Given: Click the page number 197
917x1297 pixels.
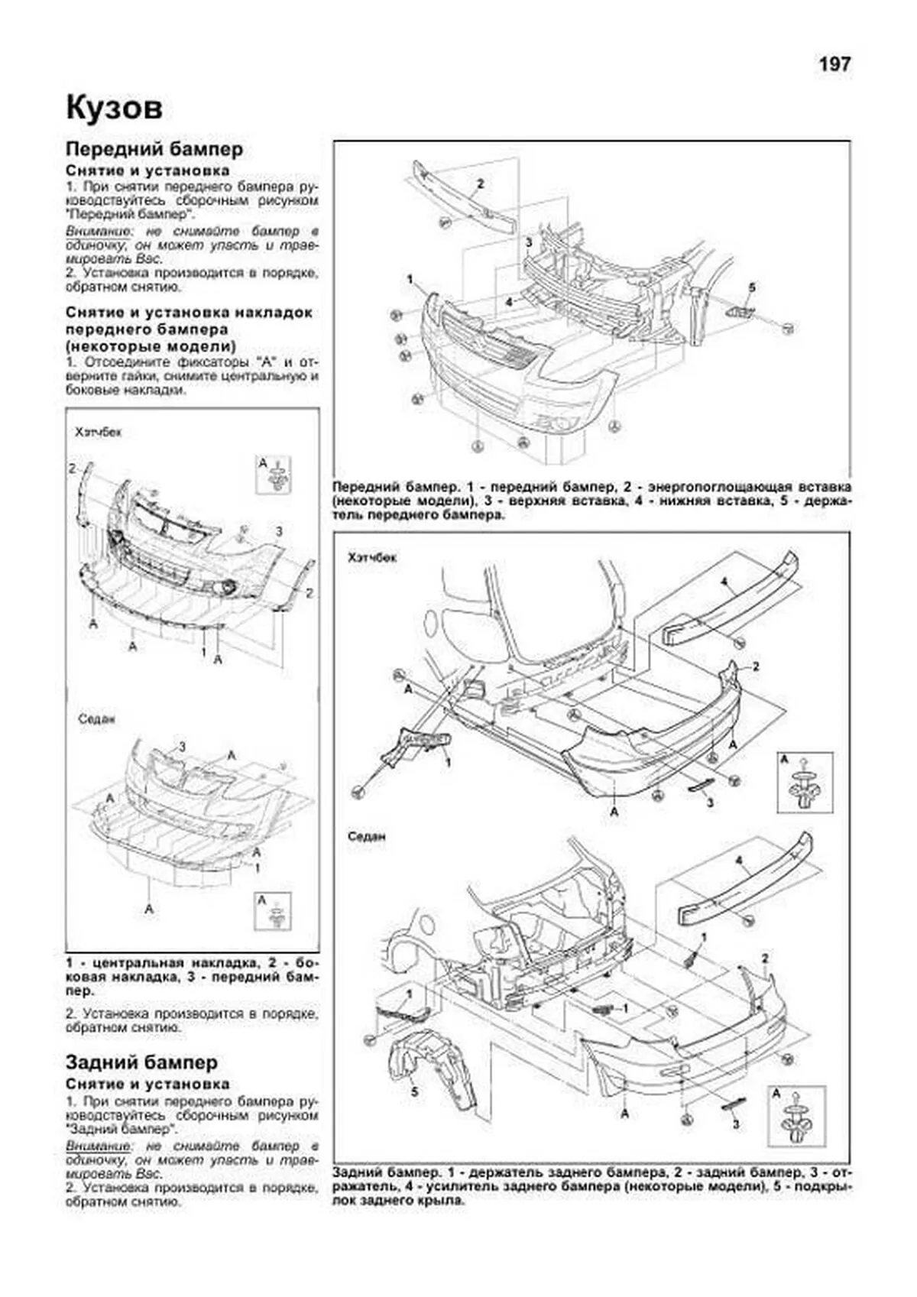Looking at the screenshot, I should coord(834,64).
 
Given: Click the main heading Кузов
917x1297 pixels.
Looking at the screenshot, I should coord(115,108).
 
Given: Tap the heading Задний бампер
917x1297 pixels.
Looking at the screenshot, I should coord(142,1062).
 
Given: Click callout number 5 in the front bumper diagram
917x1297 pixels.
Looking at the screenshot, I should coord(752,287).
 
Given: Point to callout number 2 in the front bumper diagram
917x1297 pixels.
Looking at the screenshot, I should coord(481,183).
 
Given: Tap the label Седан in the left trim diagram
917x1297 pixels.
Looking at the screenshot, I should coord(97,719).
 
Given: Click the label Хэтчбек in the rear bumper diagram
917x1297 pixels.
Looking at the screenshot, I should coord(372,557).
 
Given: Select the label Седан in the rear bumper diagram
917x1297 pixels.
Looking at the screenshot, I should coord(366,836).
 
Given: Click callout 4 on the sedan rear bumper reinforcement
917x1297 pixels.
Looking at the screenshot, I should coord(739,861).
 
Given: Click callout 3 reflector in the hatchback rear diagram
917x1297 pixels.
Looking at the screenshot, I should coord(710,803).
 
